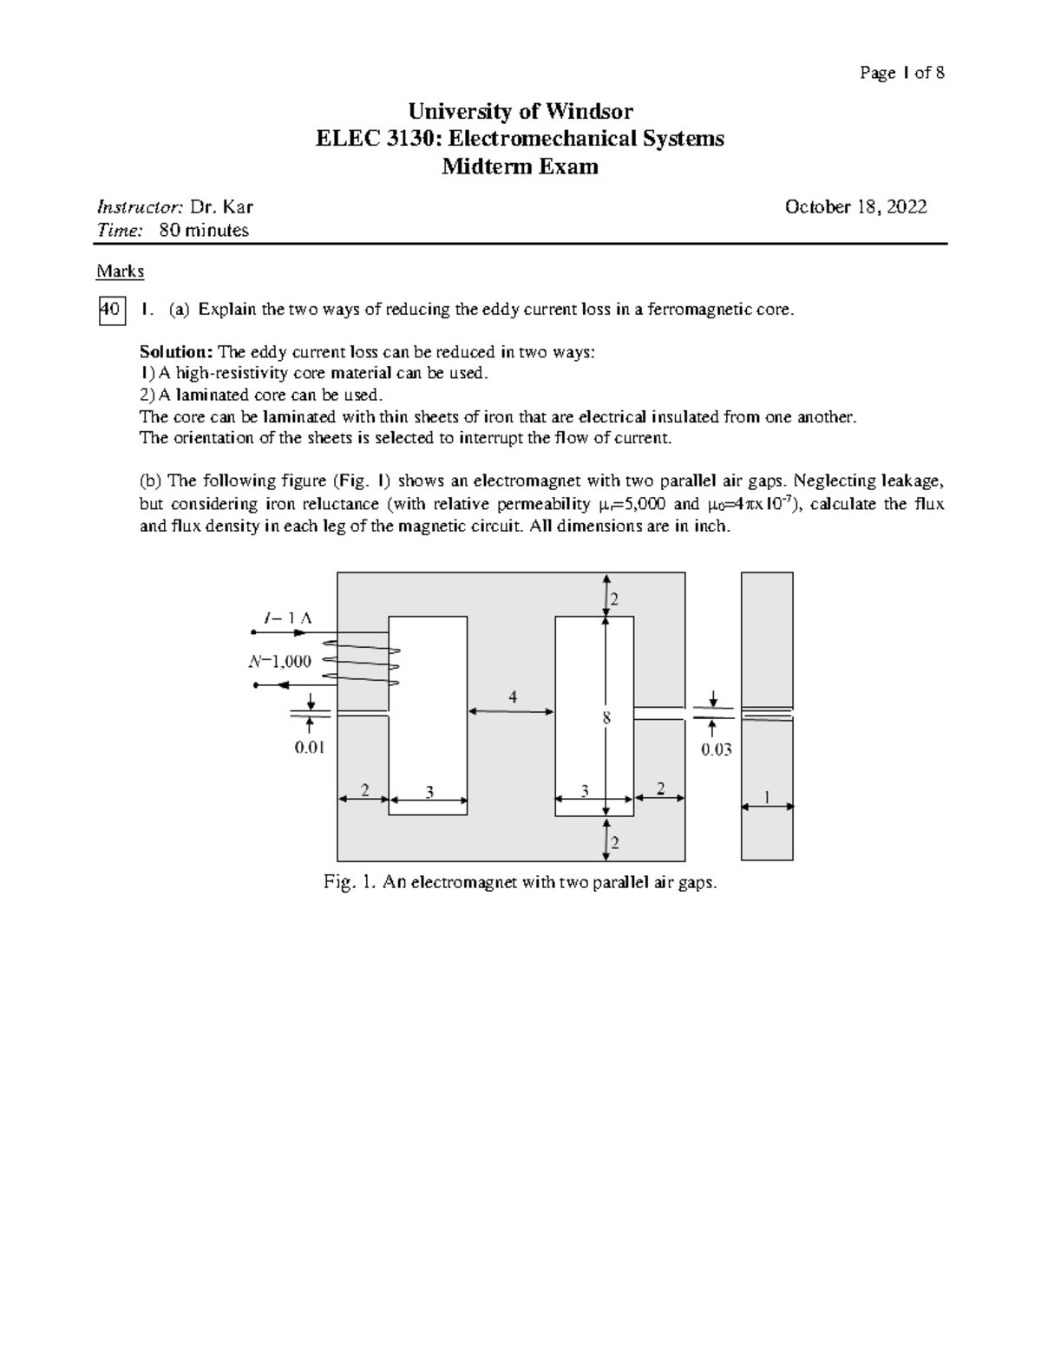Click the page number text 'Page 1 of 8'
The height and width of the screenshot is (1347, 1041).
point(901,73)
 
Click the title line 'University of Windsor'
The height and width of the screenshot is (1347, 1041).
point(520,111)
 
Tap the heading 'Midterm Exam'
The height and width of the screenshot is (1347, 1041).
point(520,167)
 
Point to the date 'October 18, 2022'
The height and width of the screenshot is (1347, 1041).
point(855,206)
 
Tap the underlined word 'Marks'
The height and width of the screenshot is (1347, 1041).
point(120,271)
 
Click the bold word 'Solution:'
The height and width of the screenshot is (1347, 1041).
point(176,352)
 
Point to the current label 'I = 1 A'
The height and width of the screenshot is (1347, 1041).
point(287,618)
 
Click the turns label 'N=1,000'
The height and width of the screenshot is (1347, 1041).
point(279,661)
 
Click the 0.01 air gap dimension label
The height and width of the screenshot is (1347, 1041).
point(310,747)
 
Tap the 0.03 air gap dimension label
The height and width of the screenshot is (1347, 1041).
point(717,749)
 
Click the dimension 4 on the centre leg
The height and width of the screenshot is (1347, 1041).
point(513,697)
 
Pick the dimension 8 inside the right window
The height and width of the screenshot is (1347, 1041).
point(606,718)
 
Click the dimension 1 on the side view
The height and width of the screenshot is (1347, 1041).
point(767,795)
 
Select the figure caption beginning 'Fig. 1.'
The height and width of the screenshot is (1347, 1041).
point(520,883)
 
